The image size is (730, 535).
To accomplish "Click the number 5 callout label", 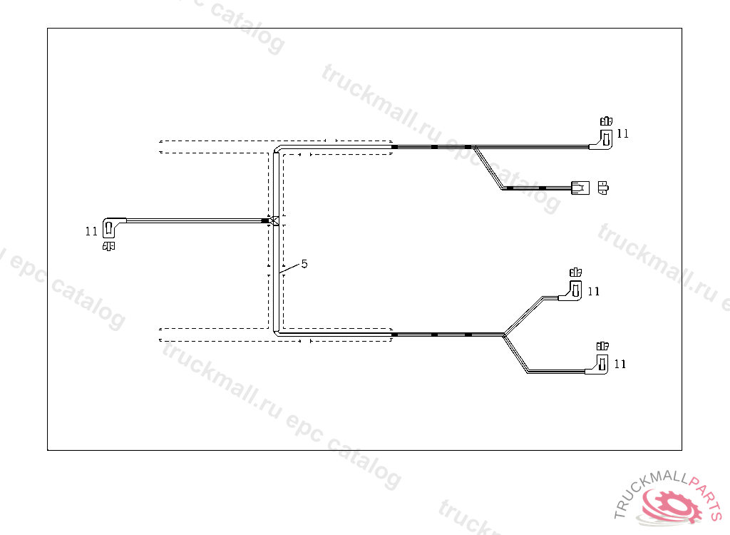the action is click(x=304, y=264).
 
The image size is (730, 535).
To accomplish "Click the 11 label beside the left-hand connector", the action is click(x=91, y=231).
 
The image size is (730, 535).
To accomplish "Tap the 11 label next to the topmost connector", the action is click(x=623, y=133).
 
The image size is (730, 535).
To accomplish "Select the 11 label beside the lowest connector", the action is click(x=620, y=364).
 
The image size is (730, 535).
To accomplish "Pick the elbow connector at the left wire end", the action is click(x=111, y=226).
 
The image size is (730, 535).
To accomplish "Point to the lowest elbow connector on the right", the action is click(x=601, y=366).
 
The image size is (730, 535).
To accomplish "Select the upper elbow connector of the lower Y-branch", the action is click(x=575, y=290).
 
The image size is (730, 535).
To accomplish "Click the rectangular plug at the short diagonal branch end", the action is click(x=580, y=188).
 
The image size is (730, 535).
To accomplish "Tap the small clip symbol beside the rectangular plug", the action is click(x=603, y=188).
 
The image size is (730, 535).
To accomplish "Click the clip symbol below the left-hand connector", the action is click(x=110, y=246).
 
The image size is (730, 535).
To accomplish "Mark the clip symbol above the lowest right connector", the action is click(x=602, y=346).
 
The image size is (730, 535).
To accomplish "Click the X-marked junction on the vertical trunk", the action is click(x=274, y=220).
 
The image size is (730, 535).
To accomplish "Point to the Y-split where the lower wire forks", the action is click(x=505, y=333).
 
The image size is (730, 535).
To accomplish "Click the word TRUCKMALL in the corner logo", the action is click(x=649, y=492).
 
